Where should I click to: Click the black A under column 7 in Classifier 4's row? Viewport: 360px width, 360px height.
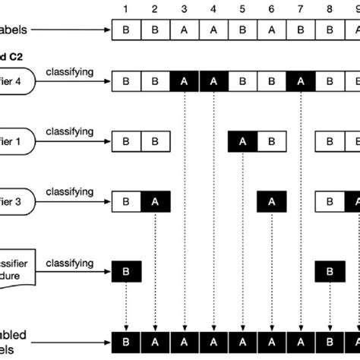coord(300,81)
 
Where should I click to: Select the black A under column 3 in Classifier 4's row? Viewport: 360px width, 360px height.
coord(185,81)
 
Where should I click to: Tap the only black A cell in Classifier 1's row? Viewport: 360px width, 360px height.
coord(242,141)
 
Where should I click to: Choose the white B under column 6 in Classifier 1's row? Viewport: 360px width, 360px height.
coord(271,141)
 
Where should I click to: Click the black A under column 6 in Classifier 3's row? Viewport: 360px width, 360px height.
coord(271,202)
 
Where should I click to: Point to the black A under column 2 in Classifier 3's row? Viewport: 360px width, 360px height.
coord(156,202)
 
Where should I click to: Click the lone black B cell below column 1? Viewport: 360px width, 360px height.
coord(127,270)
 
